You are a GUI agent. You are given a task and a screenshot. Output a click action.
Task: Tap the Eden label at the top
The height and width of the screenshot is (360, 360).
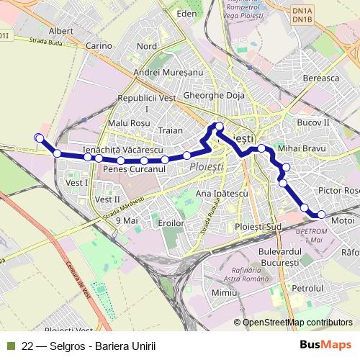186,14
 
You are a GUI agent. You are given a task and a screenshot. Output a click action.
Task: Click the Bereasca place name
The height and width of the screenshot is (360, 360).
321,78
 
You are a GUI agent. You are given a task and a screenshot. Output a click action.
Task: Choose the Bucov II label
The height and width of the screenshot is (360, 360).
313,123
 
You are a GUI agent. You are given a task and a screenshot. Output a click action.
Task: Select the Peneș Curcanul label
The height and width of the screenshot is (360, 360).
135,168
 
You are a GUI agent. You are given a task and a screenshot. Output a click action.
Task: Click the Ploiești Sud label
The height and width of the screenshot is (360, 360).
258,227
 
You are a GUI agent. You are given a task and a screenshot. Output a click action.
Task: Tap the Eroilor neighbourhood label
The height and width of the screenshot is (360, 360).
171,223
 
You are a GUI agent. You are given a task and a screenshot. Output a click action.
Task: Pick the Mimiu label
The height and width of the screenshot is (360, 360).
225,292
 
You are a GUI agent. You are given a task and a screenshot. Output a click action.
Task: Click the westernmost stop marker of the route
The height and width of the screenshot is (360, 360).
39,138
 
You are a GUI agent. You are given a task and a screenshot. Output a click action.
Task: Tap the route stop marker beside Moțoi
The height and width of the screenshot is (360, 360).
321,214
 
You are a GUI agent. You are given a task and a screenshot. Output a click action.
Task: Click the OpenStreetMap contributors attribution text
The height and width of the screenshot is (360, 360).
297,323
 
